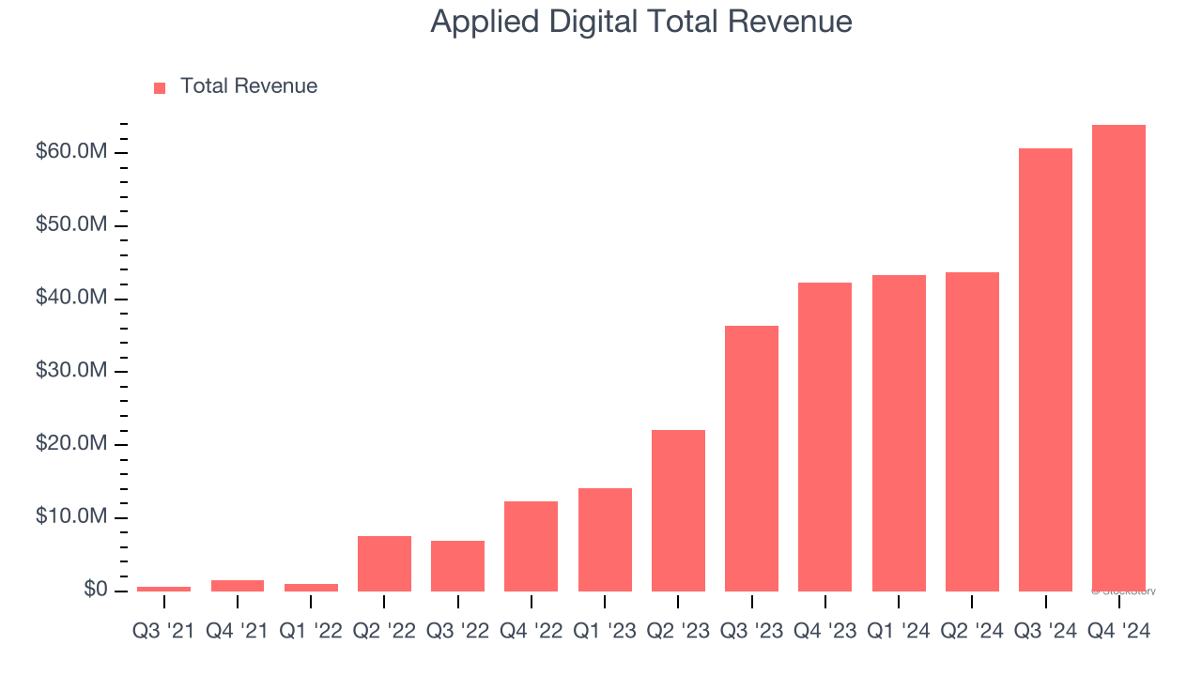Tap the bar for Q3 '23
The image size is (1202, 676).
click(751, 458)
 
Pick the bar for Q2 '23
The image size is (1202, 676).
click(678, 510)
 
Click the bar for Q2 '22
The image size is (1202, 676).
click(384, 563)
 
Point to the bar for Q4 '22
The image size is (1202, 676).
click(531, 545)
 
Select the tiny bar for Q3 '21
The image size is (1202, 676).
click(163, 589)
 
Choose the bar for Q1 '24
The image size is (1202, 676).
click(899, 433)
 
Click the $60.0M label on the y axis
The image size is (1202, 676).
click(71, 152)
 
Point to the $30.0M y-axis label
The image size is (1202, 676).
click(71, 371)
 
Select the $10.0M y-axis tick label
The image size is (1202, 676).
click(71, 517)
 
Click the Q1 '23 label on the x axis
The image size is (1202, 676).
click(605, 632)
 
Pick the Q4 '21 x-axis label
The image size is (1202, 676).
click(238, 632)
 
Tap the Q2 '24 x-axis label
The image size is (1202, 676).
click(972, 632)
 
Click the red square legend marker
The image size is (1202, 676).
click(160, 87)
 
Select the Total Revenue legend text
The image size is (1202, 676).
click(249, 86)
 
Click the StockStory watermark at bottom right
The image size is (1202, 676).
click(1124, 591)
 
